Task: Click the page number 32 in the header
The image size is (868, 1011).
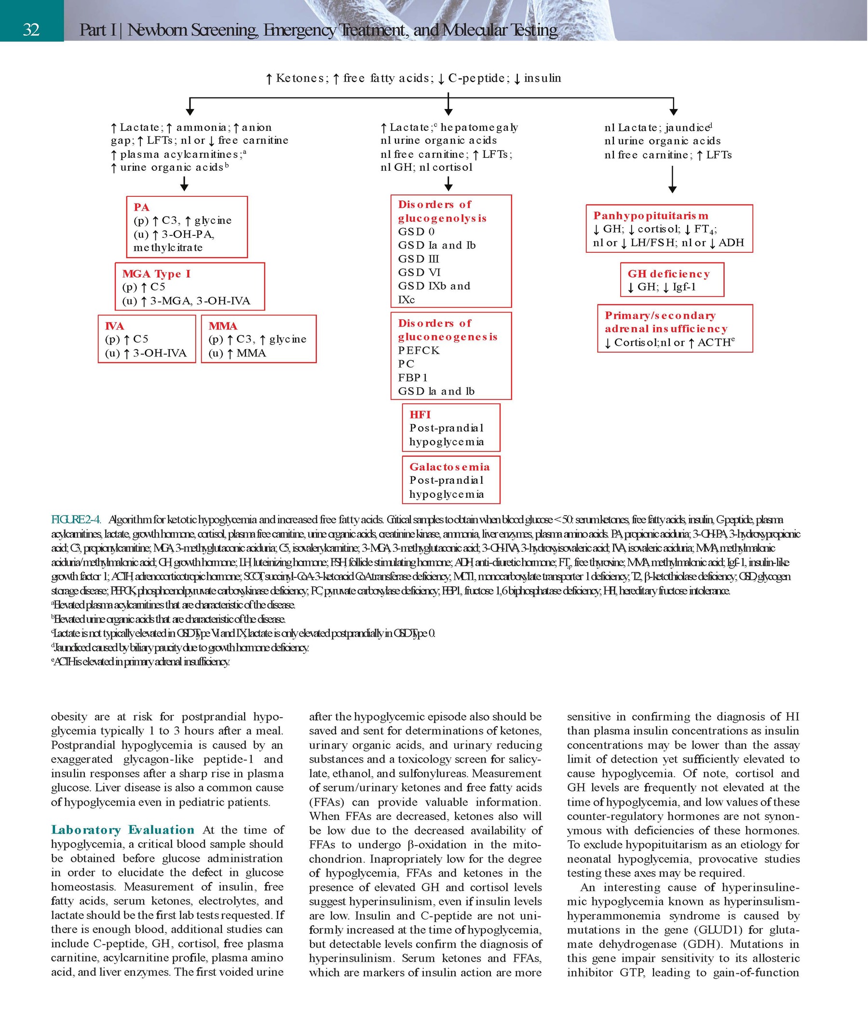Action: point(31,30)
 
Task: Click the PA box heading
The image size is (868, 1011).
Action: point(141,207)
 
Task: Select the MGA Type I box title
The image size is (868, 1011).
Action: point(156,273)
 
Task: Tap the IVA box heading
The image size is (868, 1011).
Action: point(114,326)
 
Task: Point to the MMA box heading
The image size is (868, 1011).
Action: point(222,326)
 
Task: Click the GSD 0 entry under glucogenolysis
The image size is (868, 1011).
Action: point(416,232)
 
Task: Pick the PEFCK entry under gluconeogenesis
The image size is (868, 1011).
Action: point(419,350)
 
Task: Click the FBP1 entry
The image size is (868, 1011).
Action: point(413,378)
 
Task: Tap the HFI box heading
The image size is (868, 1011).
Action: point(420,415)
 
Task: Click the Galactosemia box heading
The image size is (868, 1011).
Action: point(449,467)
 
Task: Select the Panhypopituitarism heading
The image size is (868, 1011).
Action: point(651,216)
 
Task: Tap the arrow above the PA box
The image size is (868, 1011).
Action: point(184,184)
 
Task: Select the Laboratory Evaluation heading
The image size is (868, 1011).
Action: point(122,830)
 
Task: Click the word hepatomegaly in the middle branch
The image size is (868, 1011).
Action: point(479,128)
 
